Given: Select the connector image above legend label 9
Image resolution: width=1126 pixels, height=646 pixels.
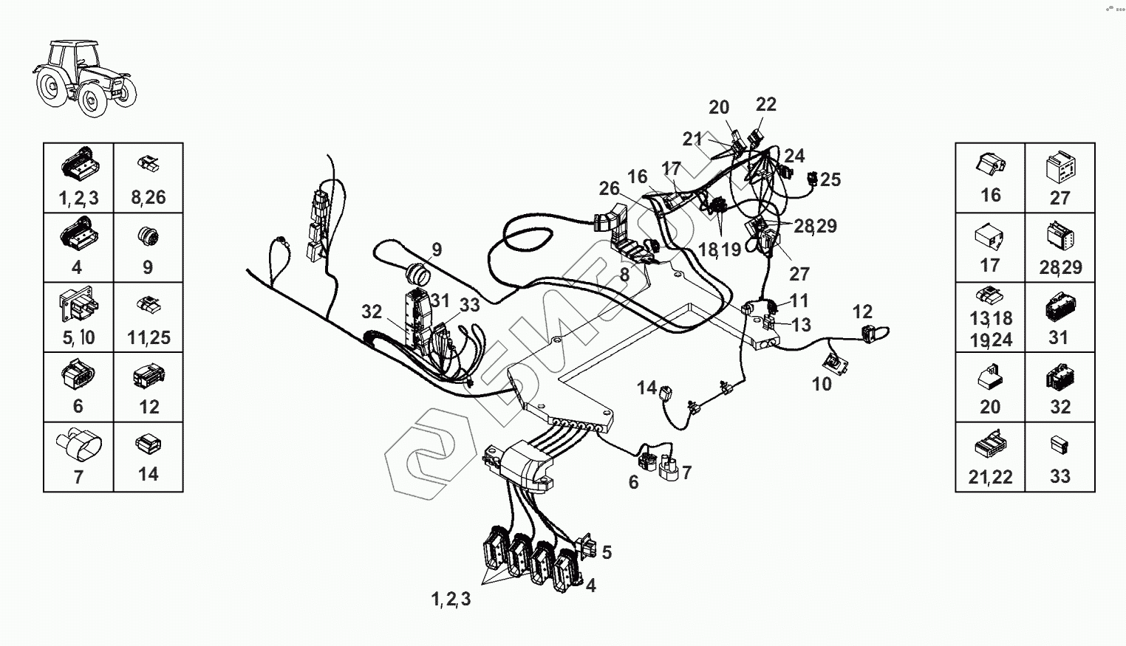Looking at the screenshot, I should (148, 237).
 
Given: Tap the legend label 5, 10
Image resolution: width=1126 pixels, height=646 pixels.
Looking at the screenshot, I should (78, 337).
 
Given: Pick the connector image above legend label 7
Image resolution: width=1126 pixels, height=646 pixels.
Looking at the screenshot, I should (78, 444).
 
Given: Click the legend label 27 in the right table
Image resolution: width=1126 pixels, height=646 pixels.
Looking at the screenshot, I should (1060, 198).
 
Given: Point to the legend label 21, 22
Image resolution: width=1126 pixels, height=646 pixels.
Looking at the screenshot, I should (990, 477).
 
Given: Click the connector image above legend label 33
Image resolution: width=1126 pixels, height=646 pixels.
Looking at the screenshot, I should (1060, 444).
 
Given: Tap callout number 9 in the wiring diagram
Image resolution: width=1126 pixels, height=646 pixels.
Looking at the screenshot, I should (437, 250).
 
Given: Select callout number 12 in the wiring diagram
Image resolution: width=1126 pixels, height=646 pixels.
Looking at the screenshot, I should (862, 312).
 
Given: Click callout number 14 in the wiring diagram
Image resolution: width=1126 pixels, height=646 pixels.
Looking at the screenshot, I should (646, 387).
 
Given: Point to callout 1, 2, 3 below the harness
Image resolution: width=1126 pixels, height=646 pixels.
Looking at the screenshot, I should (451, 599).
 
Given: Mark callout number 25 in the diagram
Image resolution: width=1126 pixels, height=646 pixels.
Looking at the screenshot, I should (830, 179).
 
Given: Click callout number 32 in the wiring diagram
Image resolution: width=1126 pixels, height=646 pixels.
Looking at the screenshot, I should (372, 312).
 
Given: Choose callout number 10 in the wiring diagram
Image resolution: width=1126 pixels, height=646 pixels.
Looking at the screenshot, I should (822, 384).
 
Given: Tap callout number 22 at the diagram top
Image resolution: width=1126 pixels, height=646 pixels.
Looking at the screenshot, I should (766, 104).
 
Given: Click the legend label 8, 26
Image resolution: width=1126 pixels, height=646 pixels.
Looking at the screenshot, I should (148, 197).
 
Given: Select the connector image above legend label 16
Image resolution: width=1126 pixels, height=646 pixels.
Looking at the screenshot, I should (989, 165).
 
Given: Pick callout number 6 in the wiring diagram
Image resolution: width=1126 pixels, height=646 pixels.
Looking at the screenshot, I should (633, 483).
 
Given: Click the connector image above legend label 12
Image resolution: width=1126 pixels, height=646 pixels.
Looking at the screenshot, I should (148, 377).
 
